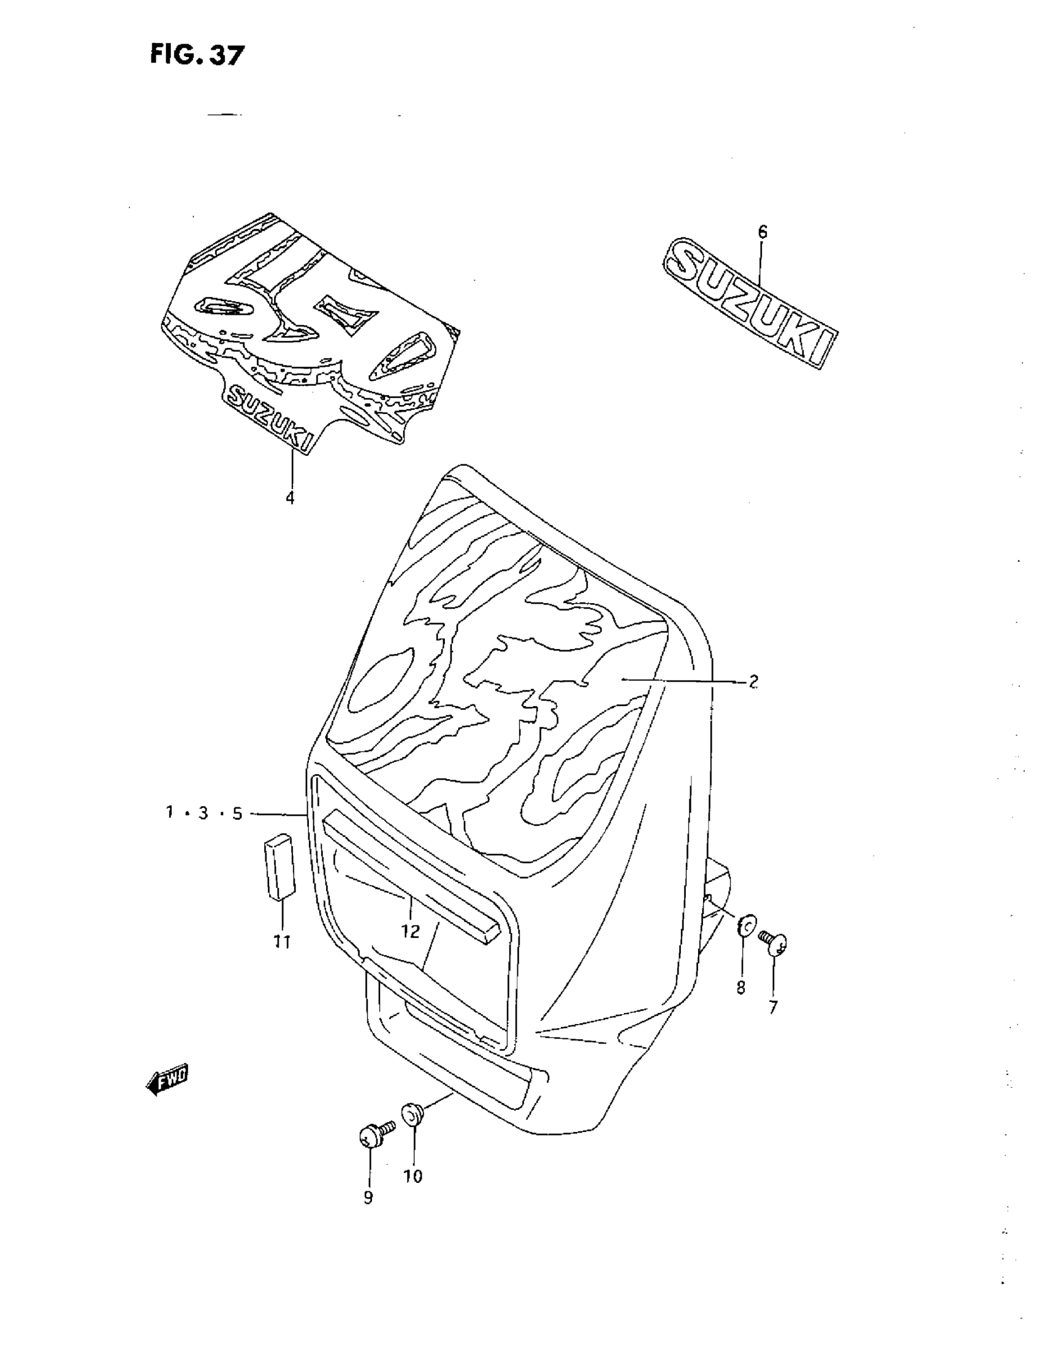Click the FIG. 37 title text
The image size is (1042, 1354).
[197, 56]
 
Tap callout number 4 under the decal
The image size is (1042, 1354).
[290, 498]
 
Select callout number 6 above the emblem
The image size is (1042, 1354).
[762, 232]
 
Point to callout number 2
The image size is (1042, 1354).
[753, 682]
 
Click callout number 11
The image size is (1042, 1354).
[282, 942]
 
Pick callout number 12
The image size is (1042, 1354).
[410, 931]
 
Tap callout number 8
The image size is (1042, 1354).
[741, 988]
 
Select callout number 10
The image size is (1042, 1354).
[413, 1176]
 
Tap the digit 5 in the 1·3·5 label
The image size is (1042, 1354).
[237, 814]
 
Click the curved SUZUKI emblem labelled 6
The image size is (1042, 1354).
[750, 301]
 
